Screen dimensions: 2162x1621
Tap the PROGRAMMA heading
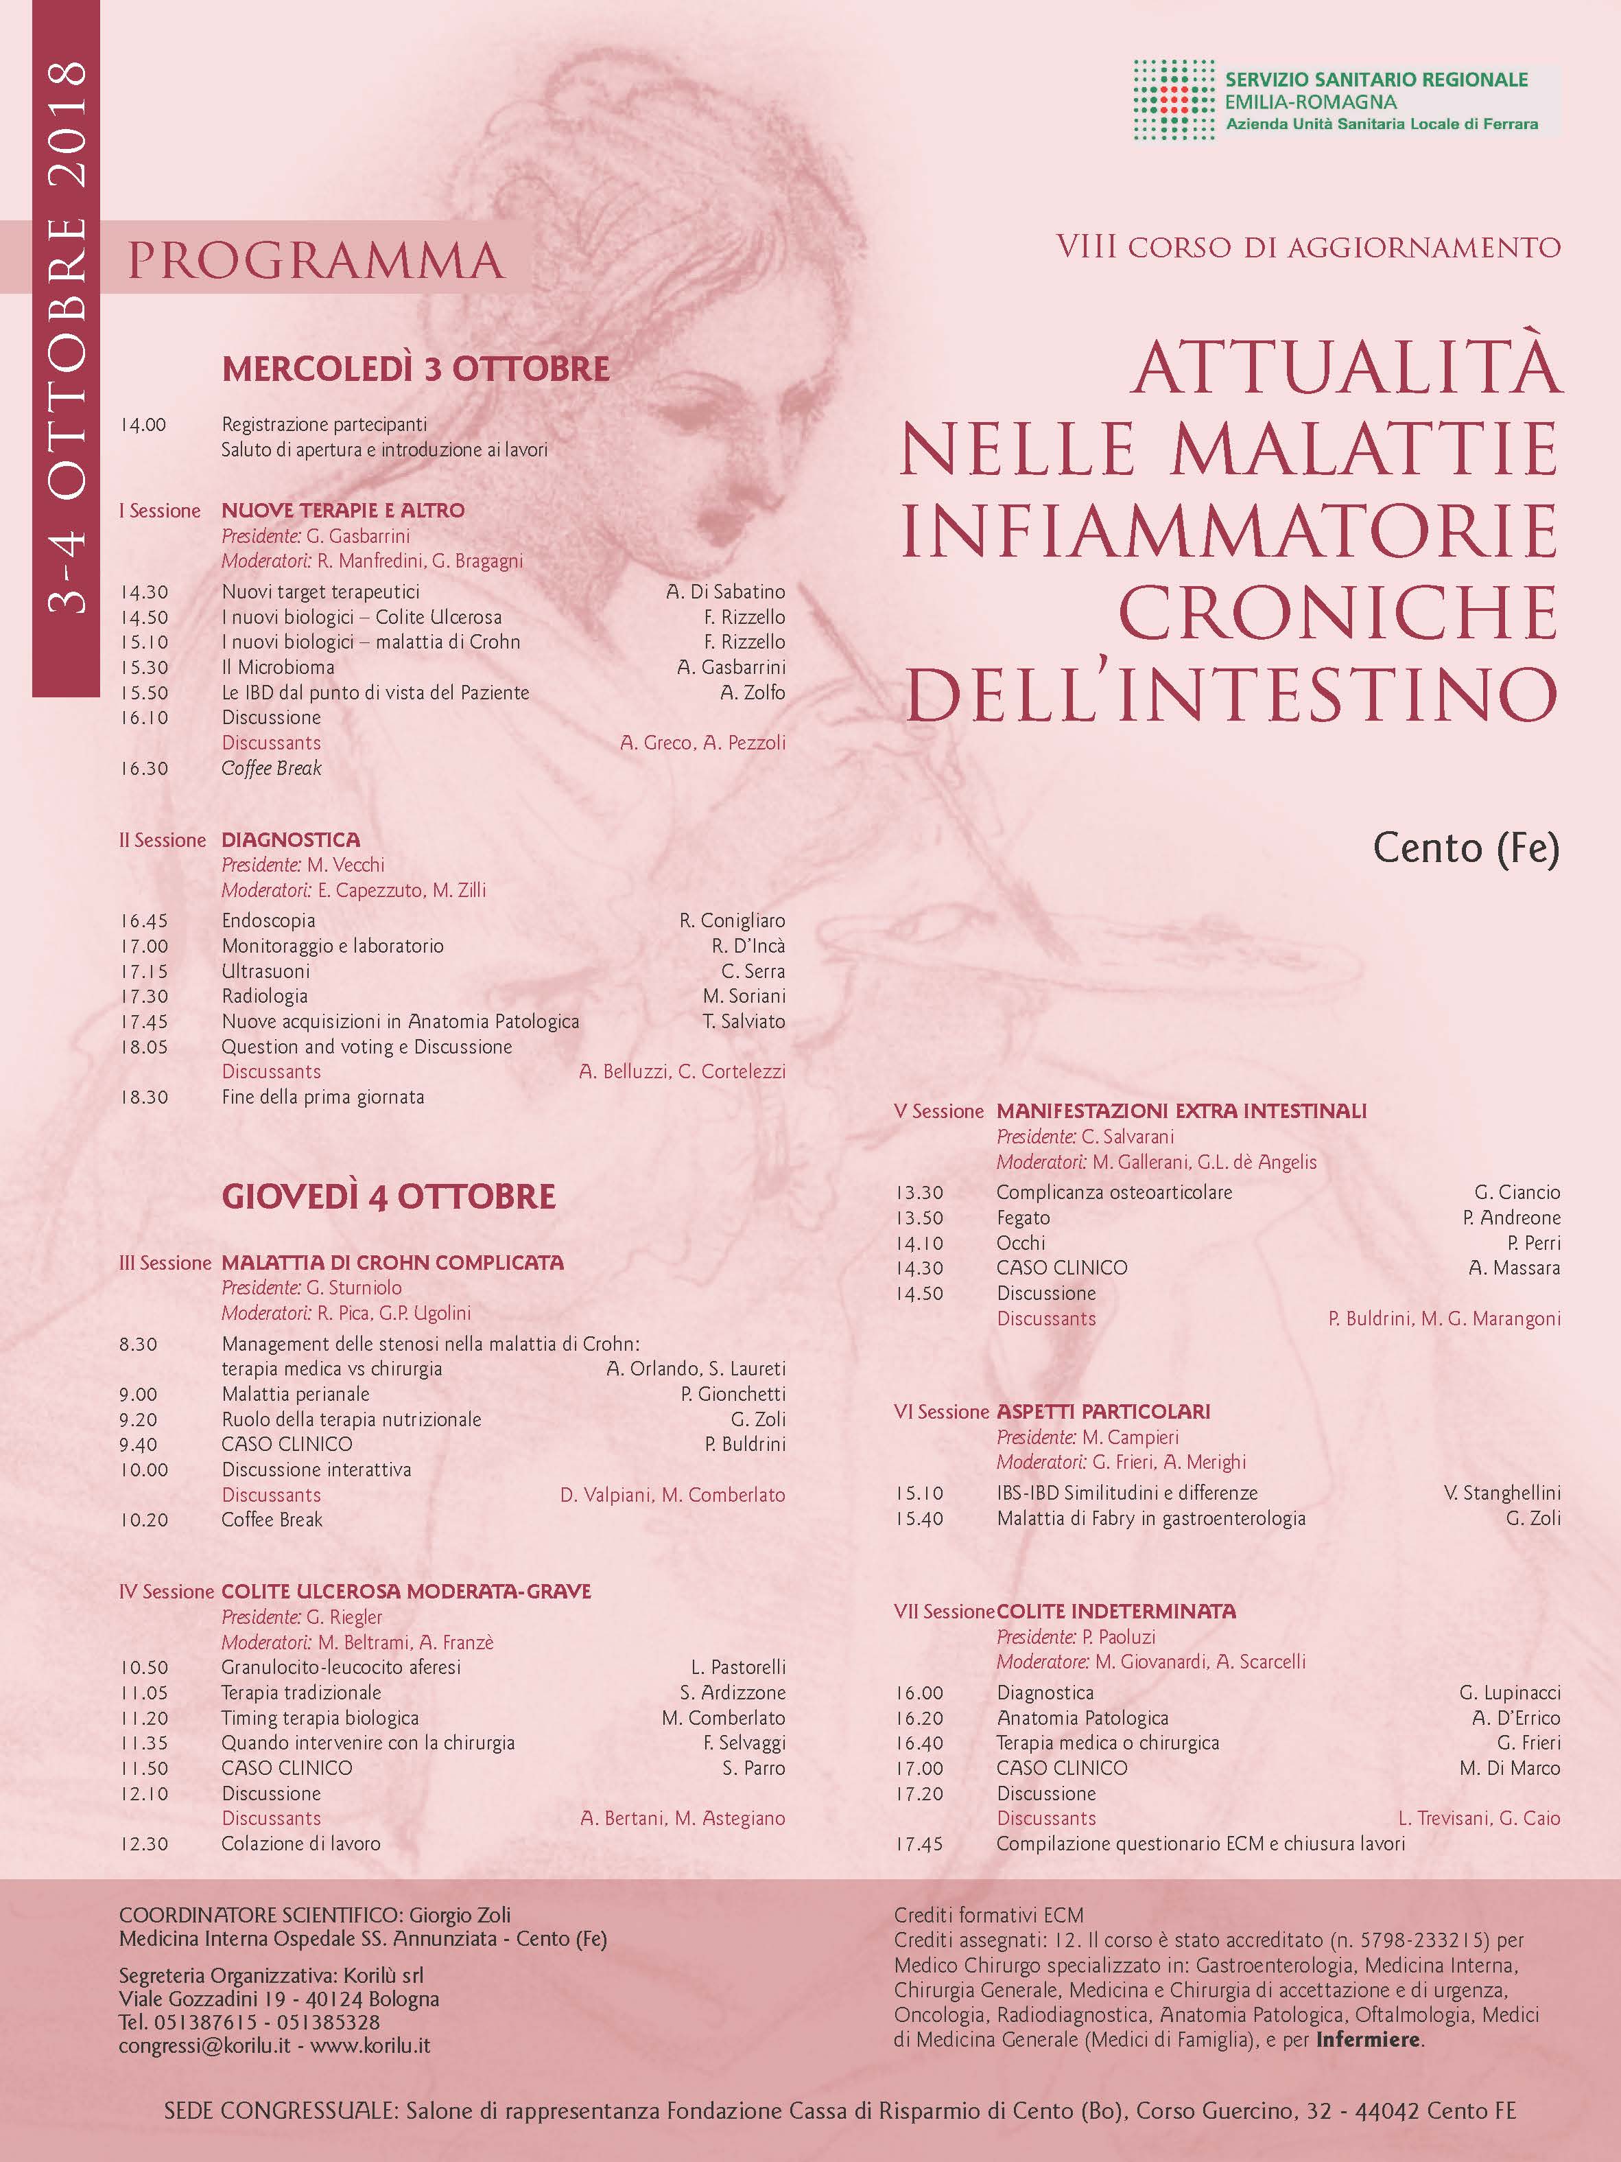pyautogui.click(x=315, y=261)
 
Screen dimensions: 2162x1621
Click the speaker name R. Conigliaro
pyautogui.click(x=732, y=920)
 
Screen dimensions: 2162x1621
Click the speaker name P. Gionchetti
pyautogui.click(x=733, y=1395)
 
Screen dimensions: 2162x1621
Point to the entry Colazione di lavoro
pyautogui.click(x=301, y=1844)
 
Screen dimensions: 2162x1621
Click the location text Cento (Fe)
pyautogui.click(x=1466, y=848)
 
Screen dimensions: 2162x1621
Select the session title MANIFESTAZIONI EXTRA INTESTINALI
pyautogui.click(x=1181, y=1111)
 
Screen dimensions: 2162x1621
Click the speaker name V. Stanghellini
pyautogui.click(x=1501, y=1493)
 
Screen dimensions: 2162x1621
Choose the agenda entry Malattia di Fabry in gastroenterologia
pyautogui.click(x=1151, y=1519)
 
